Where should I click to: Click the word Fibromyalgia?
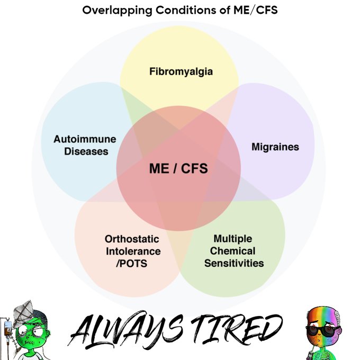[181, 70]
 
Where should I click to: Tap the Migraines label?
[275, 147]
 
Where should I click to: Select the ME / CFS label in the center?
[178, 169]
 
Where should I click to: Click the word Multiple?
[233, 238]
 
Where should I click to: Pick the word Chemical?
[233, 250]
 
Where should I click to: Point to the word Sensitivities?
[233, 263]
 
